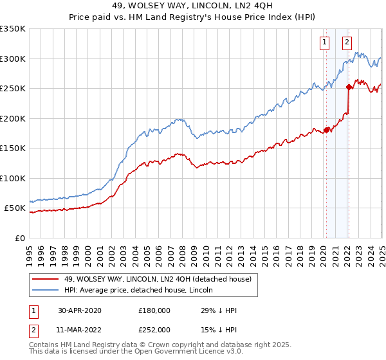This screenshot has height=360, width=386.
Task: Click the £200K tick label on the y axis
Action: (13, 118)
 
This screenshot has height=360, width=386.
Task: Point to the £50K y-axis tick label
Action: (15, 208)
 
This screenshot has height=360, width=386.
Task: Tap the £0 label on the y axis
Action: (21, 238)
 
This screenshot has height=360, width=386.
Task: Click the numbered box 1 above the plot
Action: (324, 43)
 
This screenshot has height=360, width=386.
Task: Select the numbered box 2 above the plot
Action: (347, 43)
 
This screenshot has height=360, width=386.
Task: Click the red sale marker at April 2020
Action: (326, 130)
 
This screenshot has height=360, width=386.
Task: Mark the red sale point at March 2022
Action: (348, 87)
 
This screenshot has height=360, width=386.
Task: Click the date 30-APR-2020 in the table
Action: (79, 310)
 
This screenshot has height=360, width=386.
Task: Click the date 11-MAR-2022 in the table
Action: (79, 330)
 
